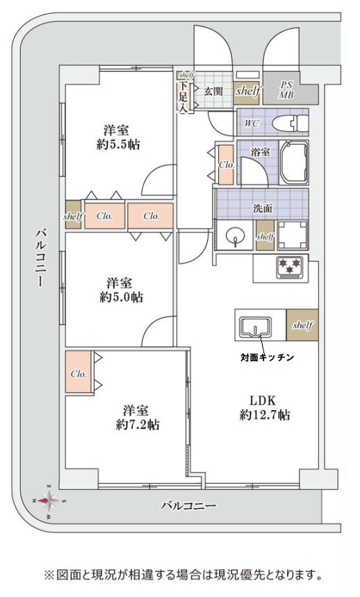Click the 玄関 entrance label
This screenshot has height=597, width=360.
pyautogui.click(x=213, y=90)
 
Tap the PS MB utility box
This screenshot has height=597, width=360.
pyautogui.click(x=286, y=90)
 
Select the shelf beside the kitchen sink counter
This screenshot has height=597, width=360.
pyautogui.click(x=302, y=325)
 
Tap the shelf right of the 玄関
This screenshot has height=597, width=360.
pyautogui.click(x=248, y=91)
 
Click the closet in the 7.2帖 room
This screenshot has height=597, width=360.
pyautogui.click(x=79, y=373)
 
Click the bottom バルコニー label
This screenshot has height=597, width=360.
pyautogui.click(x=188, y=506)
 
